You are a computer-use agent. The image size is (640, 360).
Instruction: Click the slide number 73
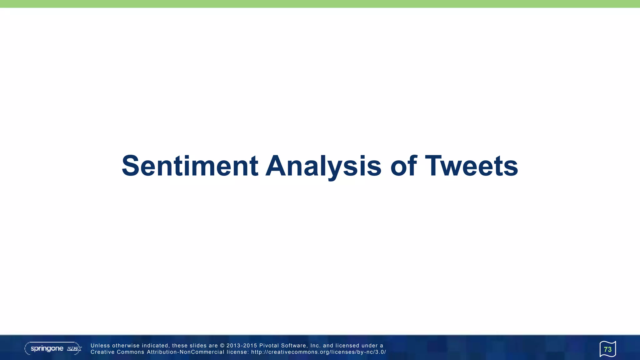point(607,349)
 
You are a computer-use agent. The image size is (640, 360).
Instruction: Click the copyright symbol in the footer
point(222,346)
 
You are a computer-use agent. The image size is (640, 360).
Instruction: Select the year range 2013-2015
point(242,346)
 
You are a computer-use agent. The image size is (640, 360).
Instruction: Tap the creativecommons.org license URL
point(318,352)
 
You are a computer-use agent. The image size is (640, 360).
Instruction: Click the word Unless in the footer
point(100,346)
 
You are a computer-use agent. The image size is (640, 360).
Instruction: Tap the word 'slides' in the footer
point(198,346)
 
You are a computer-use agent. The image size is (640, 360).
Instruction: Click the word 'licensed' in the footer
point(347,346)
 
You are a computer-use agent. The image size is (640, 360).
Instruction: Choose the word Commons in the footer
point(131,352)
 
